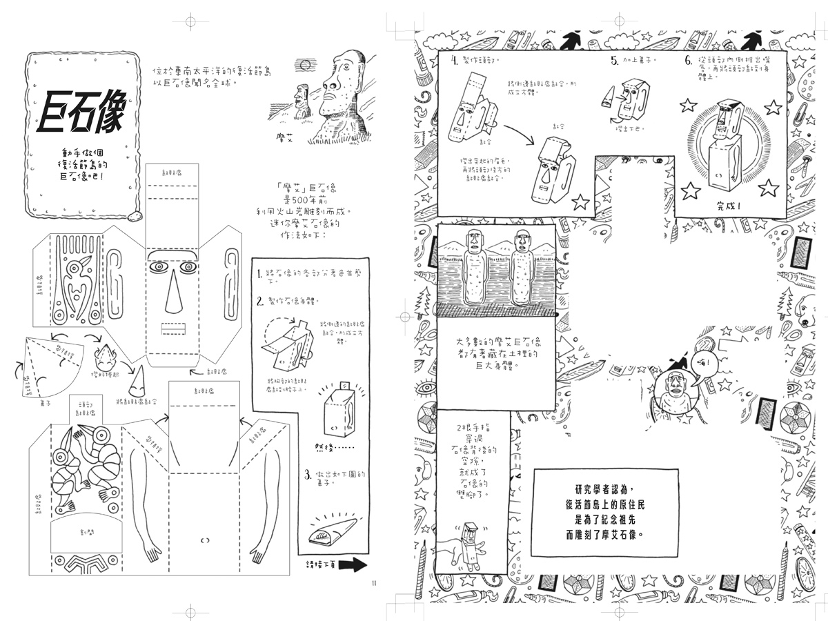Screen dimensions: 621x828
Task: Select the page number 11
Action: (x=373, y=583)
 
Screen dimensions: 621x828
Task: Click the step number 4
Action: (x=455, y=60)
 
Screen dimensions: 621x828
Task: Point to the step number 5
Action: (x=614, y=61)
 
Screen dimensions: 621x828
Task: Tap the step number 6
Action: (x=688, y=61)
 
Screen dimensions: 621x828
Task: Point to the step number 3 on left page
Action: (x=307, y=474)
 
